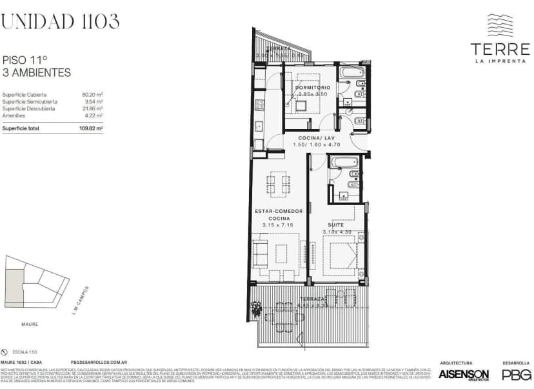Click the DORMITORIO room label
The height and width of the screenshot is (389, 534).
click(x=313, y=87)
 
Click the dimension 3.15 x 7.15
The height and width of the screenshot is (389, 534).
click(x=277, y=225)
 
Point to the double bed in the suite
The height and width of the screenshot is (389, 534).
click(x=339, y=252)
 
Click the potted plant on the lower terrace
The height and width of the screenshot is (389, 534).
click(x=257, y=310)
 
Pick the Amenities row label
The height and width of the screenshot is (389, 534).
click(x=14, y=115)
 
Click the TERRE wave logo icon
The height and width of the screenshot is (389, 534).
click(x=500, y=26)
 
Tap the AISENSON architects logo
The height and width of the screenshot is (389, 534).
click(x=463, y=374)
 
